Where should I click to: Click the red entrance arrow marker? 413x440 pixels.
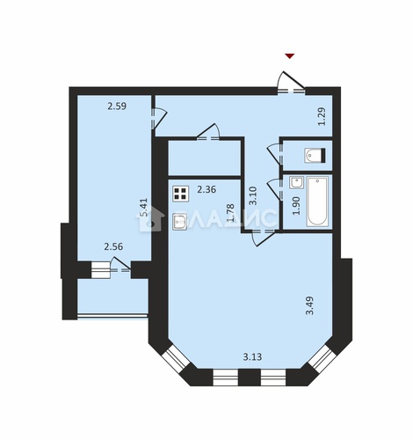(x=290, y=56)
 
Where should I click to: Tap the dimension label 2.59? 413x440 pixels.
(x=117, y=106)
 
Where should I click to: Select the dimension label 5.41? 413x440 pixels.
(x=144, y=208)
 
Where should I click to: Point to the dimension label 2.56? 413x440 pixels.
(x=113, y=246)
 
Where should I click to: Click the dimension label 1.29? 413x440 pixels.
(x=322, y=116)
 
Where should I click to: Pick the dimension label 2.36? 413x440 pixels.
(x=206, y=189)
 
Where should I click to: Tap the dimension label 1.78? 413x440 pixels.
(x=230, y=213)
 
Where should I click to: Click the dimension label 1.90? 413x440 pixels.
(x=296, y=206)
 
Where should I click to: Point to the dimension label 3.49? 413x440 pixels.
(x=309, y=305)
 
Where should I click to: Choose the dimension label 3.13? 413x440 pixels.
(x=252, y=357)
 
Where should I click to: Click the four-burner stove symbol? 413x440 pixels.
(x=180, y=194)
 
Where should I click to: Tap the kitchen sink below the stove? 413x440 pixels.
(x=179, y=221)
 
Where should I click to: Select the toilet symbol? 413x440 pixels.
(x=315, y=155)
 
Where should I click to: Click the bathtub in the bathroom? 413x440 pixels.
(x=317, y=202)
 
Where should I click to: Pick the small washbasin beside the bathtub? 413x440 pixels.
(x=296, y=182)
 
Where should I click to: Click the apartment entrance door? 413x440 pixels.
(x=291, y=83)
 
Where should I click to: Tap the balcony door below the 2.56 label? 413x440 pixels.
(x=120, y=265)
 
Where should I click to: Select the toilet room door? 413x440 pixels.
(x=276, y=154)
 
